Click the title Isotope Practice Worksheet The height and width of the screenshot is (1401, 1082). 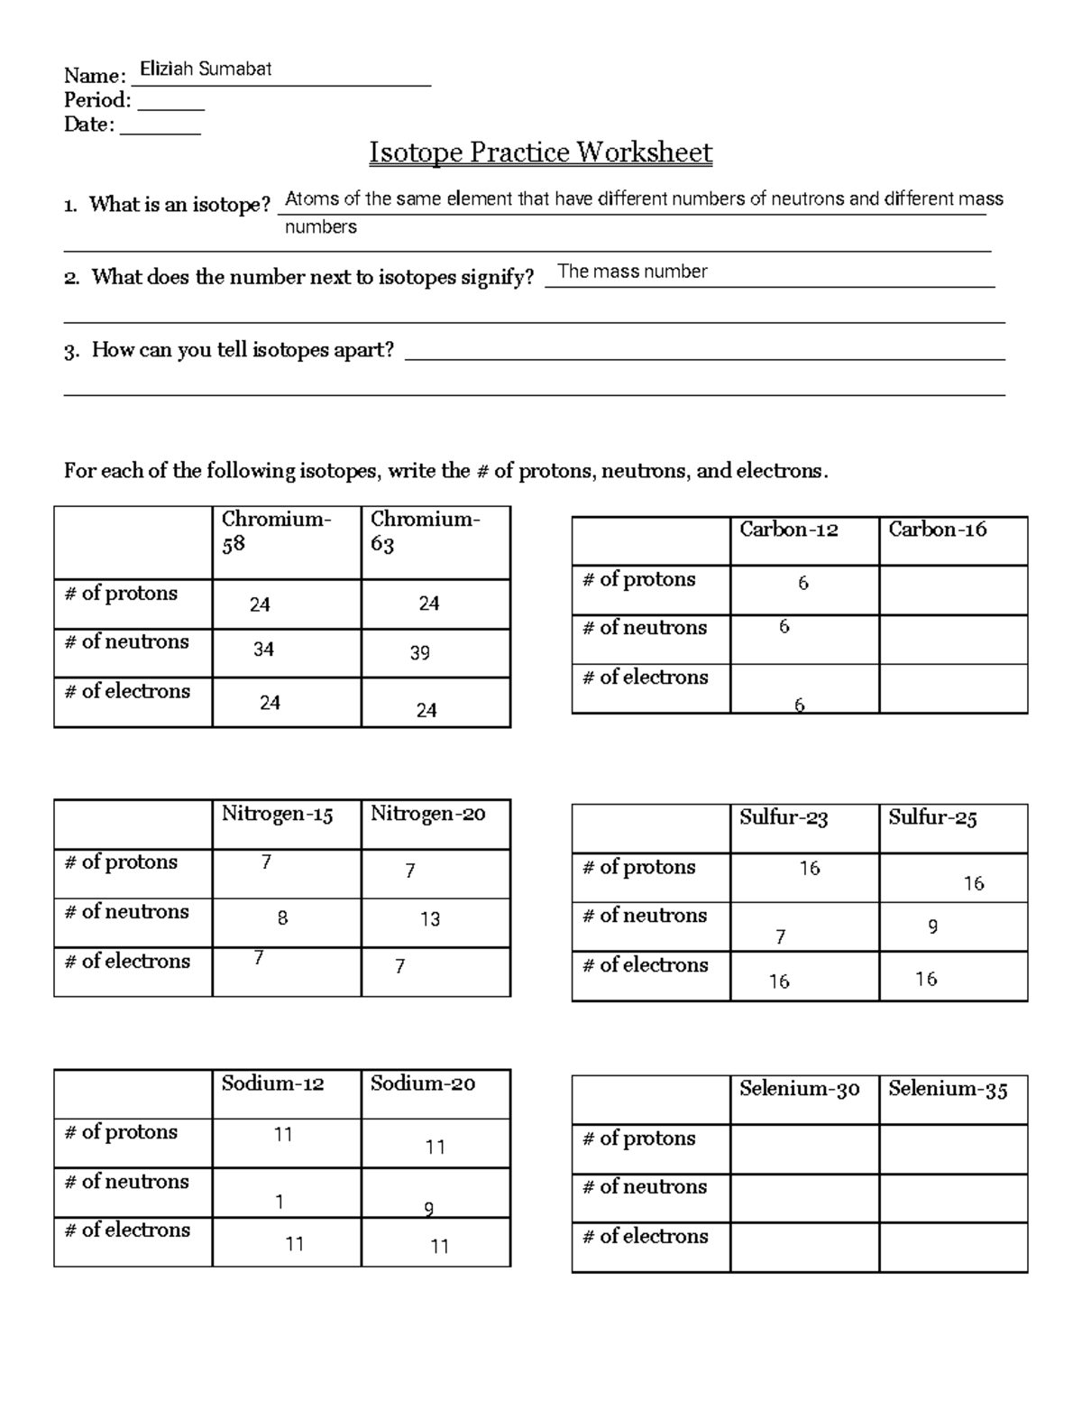pyautogui.click(x=540, y=152)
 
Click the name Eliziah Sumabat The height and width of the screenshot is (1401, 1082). pyautogui.click(x=206, y=69)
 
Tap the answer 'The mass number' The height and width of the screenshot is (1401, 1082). pyautogui.click(x=632, y=272)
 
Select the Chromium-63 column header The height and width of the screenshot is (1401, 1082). pyautogui.click(x=425, y=531)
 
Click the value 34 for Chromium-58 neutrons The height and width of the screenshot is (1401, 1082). pyautogui.click(x=263, y=650)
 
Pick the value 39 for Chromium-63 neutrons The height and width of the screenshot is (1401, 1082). pyautogui.click(x=420, y=653)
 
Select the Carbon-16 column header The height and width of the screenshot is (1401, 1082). pyautogui.click(x=938, y=530)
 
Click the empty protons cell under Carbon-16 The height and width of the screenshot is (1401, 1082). pyautogui.click(x=953, y=590)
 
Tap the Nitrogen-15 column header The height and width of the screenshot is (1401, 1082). pyautogui.click(x=278, y=815)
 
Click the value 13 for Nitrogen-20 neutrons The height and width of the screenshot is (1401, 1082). pyautogui.click(x=430, y=919)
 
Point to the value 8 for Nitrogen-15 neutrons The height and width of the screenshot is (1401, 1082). pyautogui.click(x=282, y=918)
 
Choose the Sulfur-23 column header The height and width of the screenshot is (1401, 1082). pyautogui.click(x=784, y=818)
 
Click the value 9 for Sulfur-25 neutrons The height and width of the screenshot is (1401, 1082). pyautogui.click(x=932, y=926)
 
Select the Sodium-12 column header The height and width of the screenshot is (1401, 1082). pyautogui.click(x=272, y=1083)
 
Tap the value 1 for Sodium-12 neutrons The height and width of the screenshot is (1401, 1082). pyautogui.click(x=280, y=1203)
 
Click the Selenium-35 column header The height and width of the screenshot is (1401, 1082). pyautogui.click(x=948, y=1090)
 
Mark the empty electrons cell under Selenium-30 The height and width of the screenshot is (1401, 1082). pyautogui.click(x=803, y=1248)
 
